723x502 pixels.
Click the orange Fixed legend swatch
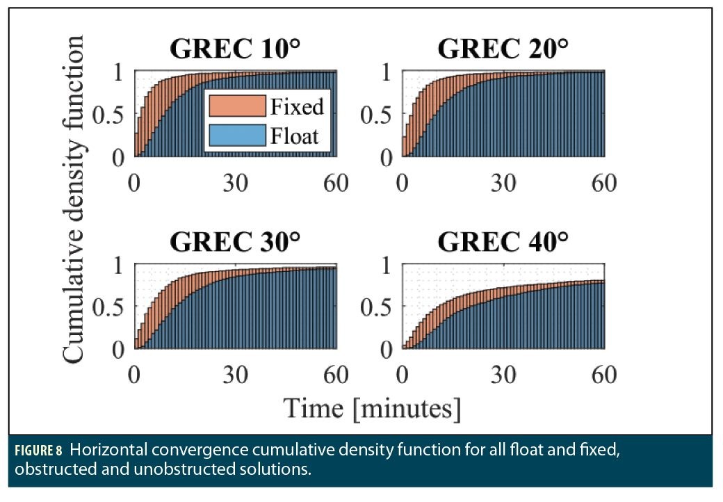237,106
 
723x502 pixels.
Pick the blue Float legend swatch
237,135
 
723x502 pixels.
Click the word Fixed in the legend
298,106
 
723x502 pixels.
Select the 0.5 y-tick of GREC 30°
111,306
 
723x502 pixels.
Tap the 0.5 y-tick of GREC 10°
111,114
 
